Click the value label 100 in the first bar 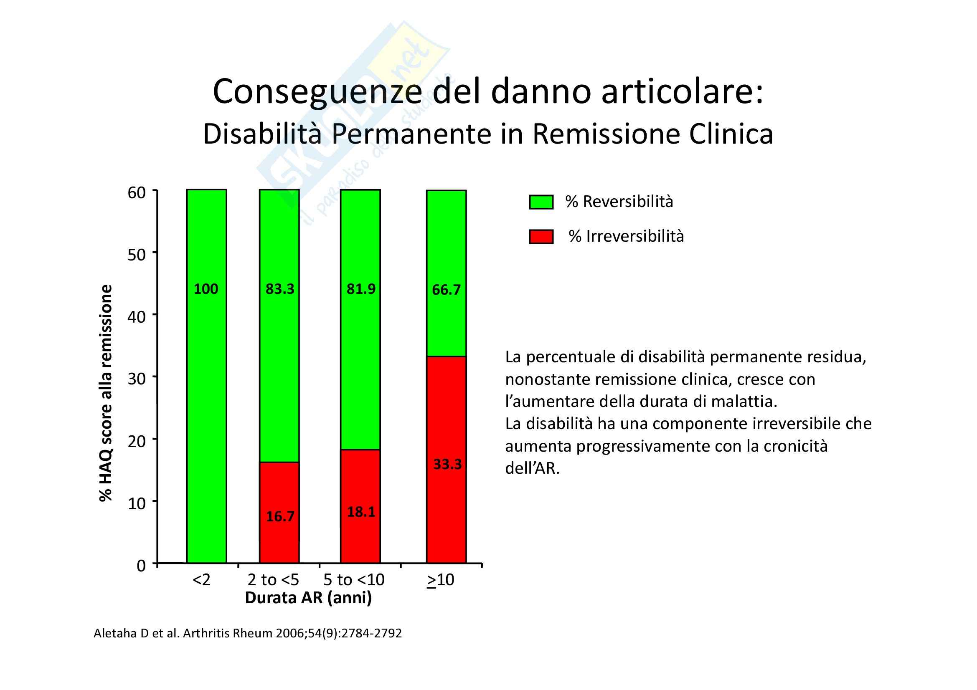coord(206,289)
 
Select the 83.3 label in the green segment coord(279,289)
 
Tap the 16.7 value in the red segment coord(280,516)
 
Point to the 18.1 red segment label coord(361,512)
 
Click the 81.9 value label coord(361,289)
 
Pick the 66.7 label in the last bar coord(446,290)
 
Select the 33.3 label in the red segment coord(447,464)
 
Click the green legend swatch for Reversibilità coord(541,202)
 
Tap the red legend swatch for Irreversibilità coord(541,237)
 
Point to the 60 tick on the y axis coord(137,192)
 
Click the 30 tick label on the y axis coord(137,378)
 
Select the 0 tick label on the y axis coord(141,566)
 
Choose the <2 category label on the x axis coord(201,579)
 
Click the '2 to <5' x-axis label coord(273,579)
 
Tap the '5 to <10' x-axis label coord(354,579)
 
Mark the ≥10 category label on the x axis coord(440,579)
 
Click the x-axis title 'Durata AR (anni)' coord(308,598)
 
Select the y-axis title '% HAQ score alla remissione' coord(106,393)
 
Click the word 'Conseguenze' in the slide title coord(317,92)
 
